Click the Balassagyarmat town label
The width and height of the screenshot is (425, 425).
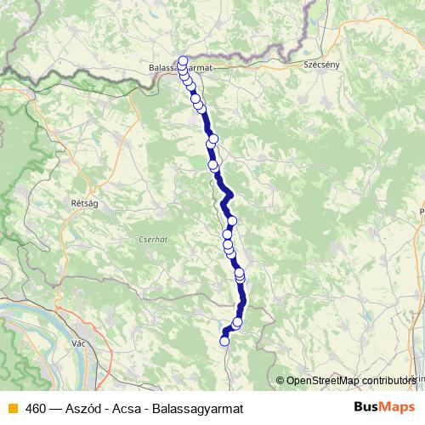[178, 67]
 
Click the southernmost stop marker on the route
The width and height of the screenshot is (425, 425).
[224, 341]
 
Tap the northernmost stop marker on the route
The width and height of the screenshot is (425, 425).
[182, 60]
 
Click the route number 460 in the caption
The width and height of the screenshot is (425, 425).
[36, 408]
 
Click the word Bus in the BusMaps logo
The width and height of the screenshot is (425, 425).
[367, 407]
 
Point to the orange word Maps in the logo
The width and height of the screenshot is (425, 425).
[397, 407]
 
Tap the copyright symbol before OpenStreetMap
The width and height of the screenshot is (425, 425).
[281, 380]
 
